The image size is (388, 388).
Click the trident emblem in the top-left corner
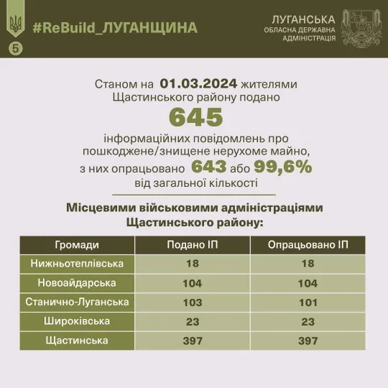14,24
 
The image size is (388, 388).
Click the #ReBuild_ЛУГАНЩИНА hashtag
114,27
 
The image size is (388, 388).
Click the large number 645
195,116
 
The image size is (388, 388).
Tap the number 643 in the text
213,167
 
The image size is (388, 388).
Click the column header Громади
77,245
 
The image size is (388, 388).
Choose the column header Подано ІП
193,245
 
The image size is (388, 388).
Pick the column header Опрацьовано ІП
308,245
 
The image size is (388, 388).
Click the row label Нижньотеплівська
77,264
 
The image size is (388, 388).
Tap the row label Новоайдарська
77,283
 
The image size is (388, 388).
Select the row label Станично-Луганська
77,302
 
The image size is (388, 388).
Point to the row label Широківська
77,321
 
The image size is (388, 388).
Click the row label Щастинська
77,341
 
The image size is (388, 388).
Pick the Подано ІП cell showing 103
193,302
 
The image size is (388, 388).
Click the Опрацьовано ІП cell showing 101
308,302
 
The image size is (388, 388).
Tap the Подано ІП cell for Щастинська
193,341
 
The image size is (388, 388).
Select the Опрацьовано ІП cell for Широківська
308,321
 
